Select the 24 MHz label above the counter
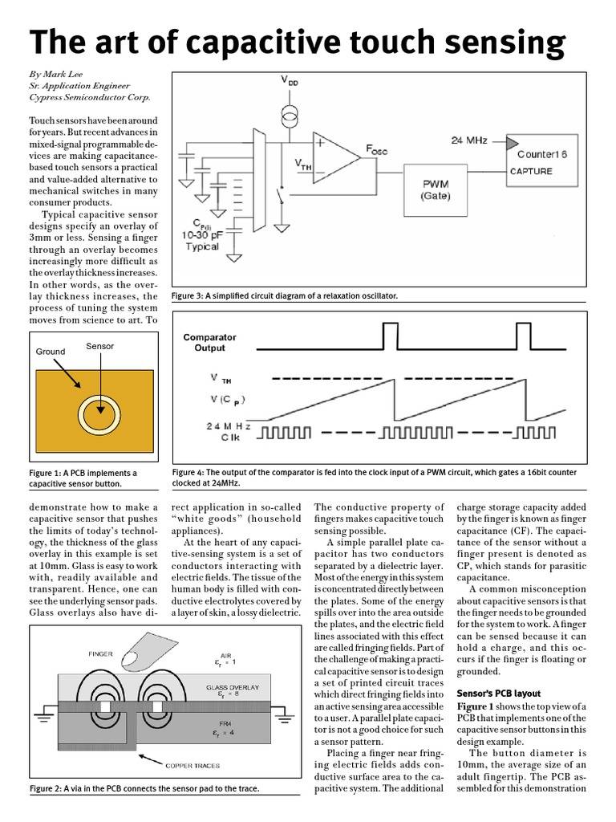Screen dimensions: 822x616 coord(468,140)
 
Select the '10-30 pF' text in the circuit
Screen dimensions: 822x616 coord(202,234)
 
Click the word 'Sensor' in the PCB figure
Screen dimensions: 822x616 coord(100,346)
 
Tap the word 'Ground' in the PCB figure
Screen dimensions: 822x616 coord(51,352)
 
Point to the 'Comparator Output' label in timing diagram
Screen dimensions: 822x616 coord(205,343)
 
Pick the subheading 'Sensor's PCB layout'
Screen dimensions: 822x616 coord(498,693)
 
